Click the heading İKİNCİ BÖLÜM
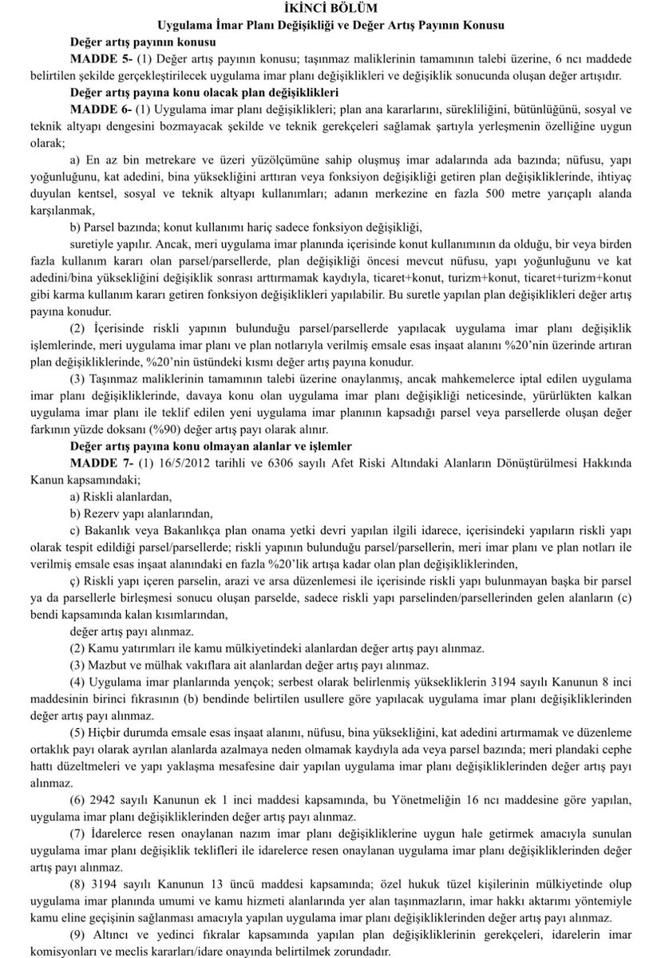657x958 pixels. (x=329, y=9)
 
